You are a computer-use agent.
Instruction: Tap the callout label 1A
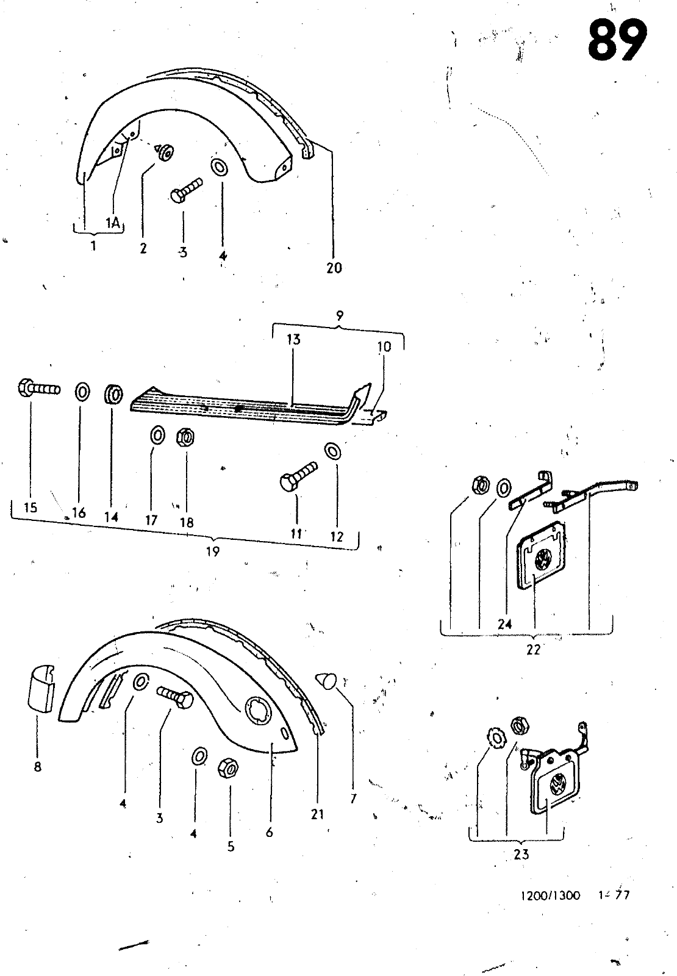[x=112, y=223]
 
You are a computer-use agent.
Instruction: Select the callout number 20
[x=334, y=267]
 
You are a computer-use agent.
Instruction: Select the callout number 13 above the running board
[x=293, y=339]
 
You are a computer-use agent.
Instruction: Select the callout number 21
[x=317, y=813]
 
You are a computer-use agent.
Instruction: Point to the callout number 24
[x=504, y=624]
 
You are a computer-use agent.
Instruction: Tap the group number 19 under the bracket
[x=212, y=551]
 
